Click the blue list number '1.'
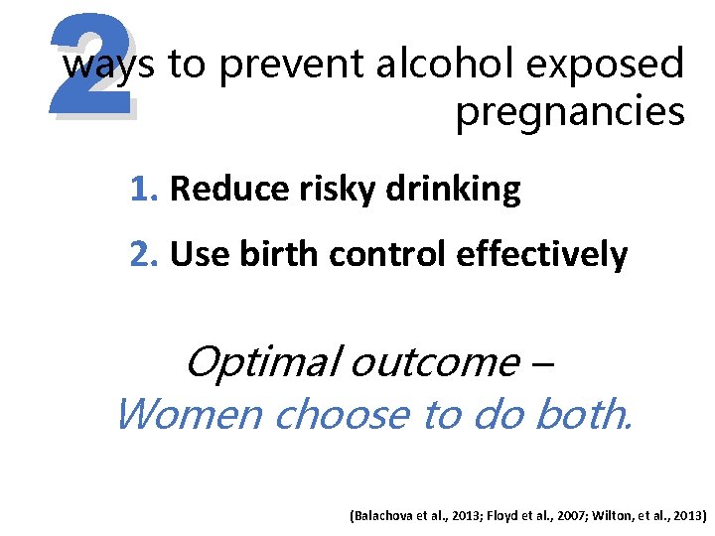click(x=146, y=189)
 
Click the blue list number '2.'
click(x=146, y=255)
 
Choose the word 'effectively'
click(x=542, y=255)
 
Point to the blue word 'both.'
click(x=581, y=414)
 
